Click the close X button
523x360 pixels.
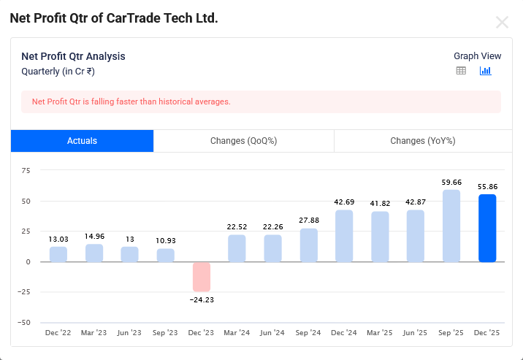[502, 22]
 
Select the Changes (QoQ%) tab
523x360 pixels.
[243, 141]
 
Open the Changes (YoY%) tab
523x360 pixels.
[422, 141]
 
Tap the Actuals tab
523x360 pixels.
[82, 141]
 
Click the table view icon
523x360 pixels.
[461, 71]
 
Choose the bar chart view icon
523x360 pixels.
[485, 71]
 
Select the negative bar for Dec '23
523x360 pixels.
[202, 277]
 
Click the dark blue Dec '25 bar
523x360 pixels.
[487, 228]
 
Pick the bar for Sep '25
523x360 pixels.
[451, 226]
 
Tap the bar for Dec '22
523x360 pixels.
[58, 254]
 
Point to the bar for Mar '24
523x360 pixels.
[237, 248]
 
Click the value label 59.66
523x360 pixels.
[451, 183]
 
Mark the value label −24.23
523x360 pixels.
[202, 299]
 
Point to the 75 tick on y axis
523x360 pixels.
[26, 171]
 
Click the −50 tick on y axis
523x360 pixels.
[23, 322]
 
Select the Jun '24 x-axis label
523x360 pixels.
[272, 333]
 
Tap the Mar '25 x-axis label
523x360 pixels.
[380, 333]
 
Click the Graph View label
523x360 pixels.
[477, 56]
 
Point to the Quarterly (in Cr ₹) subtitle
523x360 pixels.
[58, 72]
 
